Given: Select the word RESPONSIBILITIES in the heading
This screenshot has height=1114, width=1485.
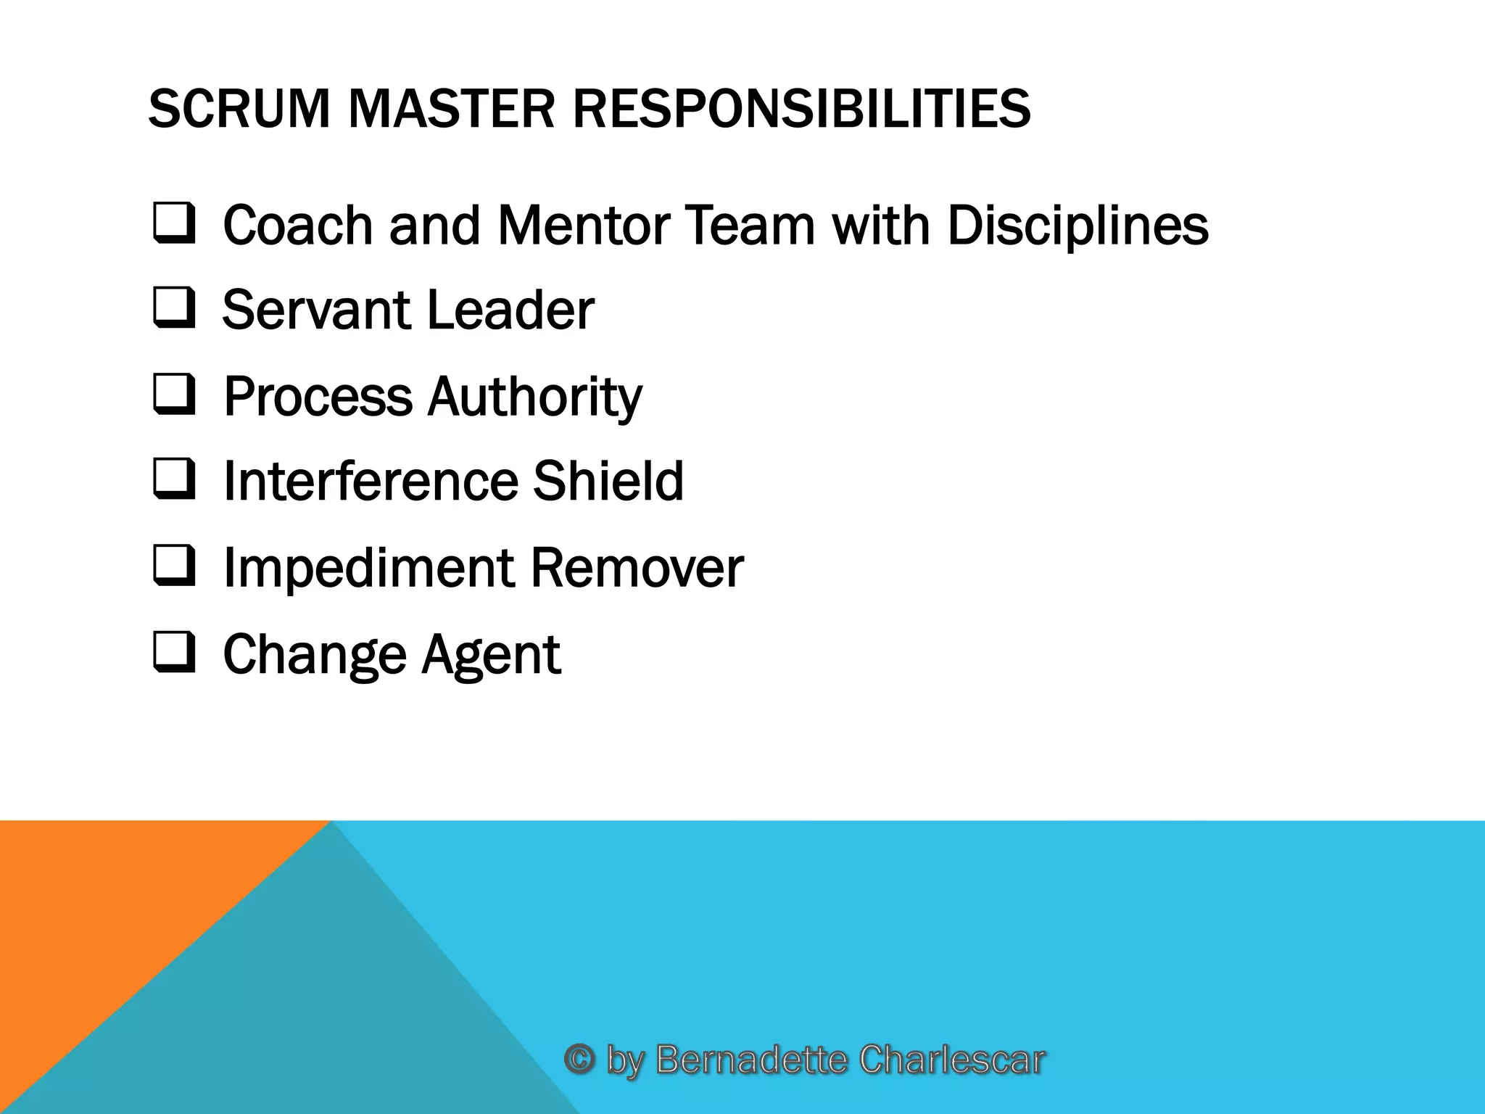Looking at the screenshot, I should click(801, 109).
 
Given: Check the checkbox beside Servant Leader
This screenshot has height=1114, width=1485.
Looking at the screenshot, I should click(174, 308).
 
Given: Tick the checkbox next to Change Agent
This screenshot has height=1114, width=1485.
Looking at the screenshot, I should click(174, 653).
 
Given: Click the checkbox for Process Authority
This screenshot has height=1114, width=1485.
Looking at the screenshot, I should click(174, 395).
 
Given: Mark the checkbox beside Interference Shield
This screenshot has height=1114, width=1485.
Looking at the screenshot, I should click(174, 479).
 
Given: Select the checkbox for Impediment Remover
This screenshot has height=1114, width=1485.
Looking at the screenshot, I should click(174, 566).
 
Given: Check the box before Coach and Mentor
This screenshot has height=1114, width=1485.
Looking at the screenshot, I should click(174, 223).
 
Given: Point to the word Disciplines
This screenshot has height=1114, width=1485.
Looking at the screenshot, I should click(1077, 225).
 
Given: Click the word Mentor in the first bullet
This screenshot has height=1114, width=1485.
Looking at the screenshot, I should click(584, 225).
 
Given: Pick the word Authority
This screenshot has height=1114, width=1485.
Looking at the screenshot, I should click(534, 397).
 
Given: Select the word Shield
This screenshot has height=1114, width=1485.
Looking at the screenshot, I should click(608, 480).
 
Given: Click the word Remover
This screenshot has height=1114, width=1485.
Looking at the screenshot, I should click(637, 567).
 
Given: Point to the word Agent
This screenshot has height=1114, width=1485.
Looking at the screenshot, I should click(491, 655).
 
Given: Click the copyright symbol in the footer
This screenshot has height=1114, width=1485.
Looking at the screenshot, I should click(580, 1059).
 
